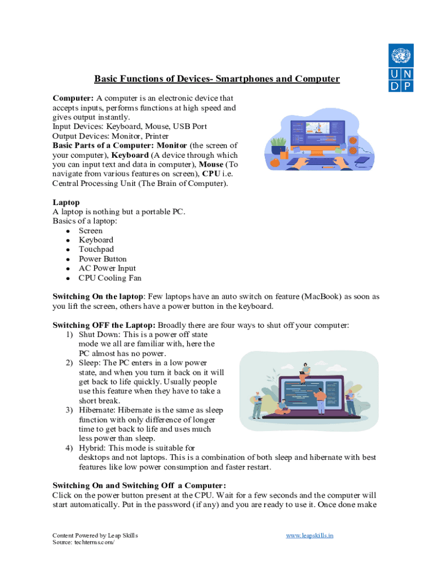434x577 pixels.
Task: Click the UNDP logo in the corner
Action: tap(400, 67)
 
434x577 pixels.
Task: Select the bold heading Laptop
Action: tap(66, 202)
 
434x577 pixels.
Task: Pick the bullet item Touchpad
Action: tap(96, 250)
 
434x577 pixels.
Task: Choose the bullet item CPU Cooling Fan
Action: tap(110, 278)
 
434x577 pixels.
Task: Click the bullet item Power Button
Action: tap(103, 259)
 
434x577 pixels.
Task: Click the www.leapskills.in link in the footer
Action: tap(309, 535)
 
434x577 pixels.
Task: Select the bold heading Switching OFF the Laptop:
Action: tap(104, 326)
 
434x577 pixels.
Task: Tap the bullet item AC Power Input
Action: tap(107, 269)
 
